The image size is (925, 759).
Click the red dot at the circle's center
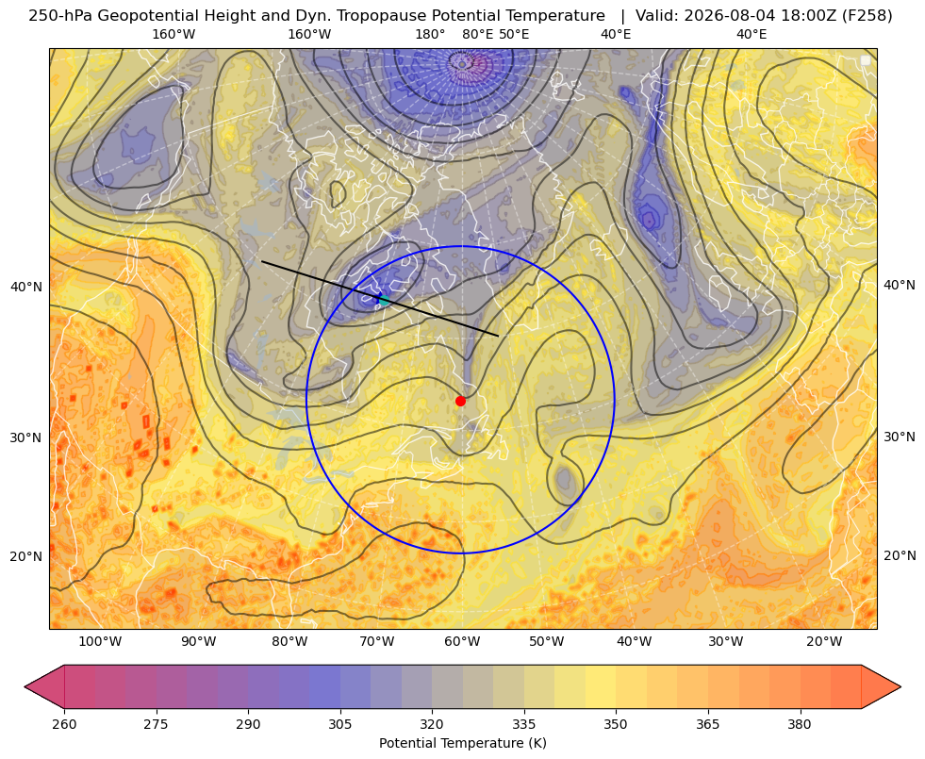461,401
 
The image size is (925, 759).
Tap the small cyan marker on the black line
384,300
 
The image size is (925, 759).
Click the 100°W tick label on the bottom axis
100,641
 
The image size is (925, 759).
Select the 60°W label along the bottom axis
461,641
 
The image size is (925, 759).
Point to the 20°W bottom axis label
824,641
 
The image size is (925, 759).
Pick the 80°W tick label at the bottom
289,641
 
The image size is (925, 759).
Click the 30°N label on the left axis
26,437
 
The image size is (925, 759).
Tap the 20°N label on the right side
900,555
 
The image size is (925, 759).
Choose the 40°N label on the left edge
26,287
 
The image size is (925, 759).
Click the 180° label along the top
430,34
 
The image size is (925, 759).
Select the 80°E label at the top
478,34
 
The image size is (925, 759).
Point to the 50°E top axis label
514,34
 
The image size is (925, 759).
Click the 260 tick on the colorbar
64,724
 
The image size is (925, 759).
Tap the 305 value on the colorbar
340,724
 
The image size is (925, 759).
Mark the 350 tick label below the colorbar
616,724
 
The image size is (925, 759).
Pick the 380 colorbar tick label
800,724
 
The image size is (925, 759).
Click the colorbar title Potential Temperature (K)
462,743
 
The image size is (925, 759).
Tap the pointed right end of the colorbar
900,686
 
